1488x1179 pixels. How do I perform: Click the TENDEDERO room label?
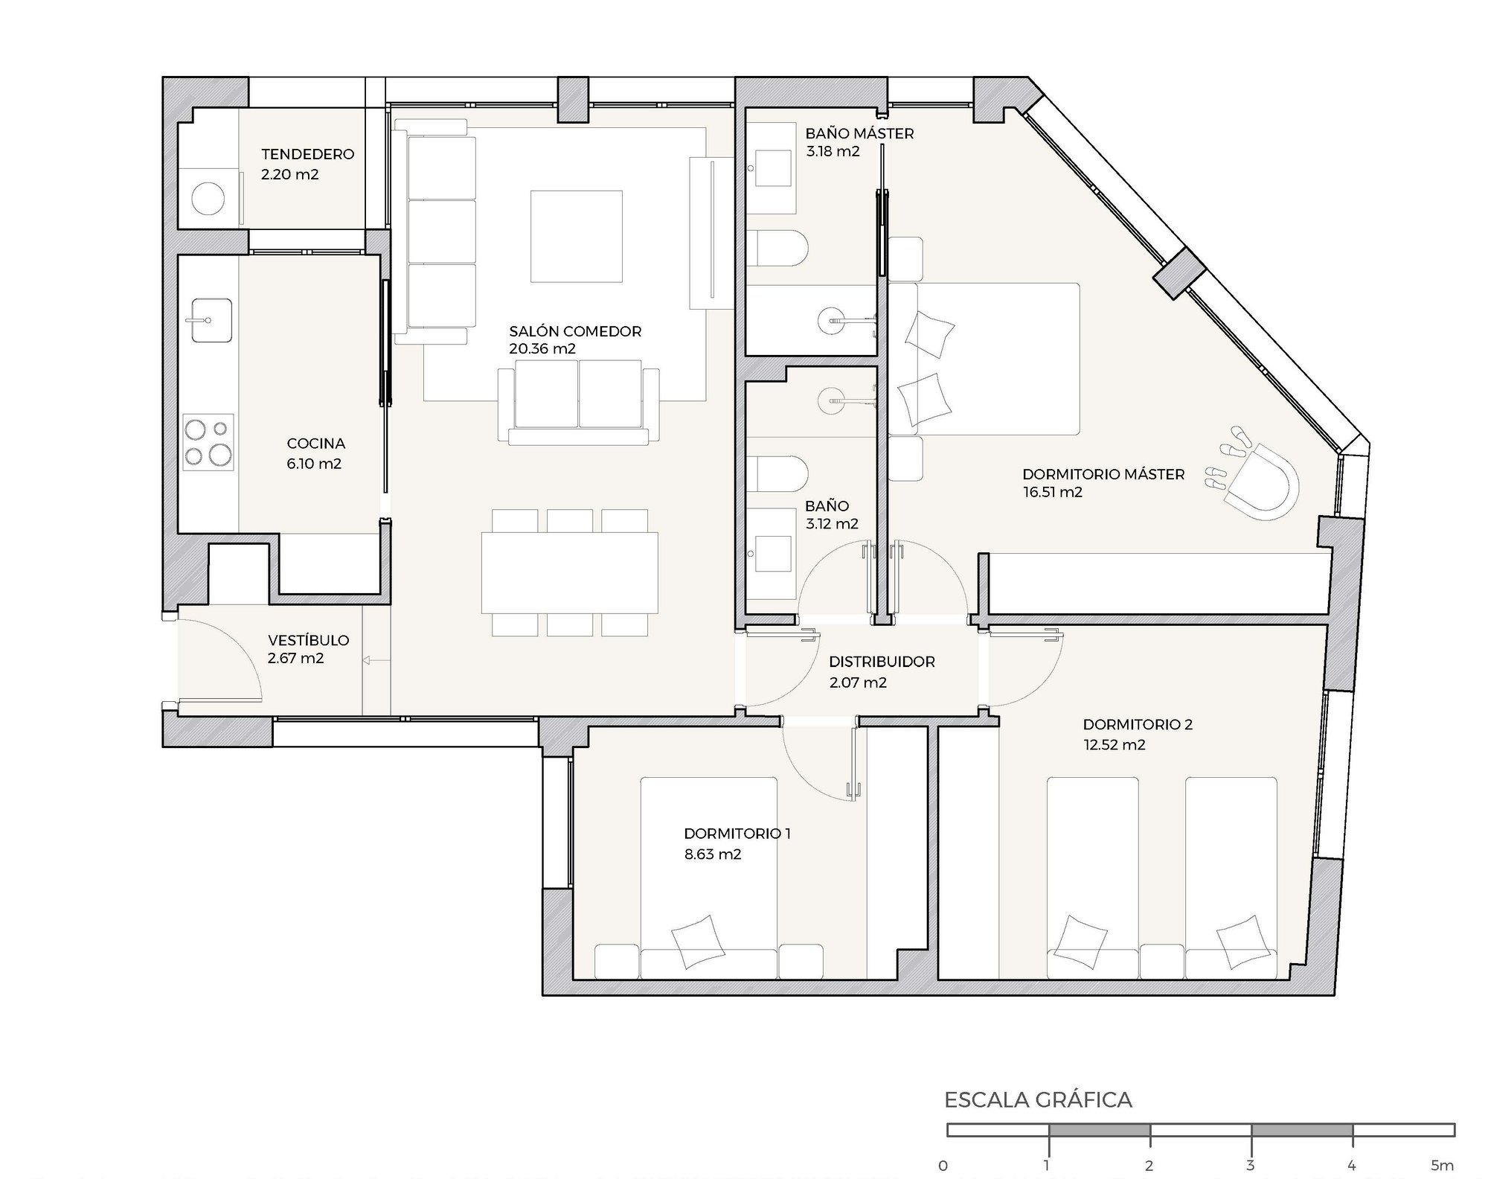307,154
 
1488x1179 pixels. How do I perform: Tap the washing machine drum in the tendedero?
208,199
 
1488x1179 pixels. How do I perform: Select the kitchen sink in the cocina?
212,320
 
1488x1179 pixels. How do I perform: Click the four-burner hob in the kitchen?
208,442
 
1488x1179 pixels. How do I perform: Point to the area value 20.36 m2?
542,348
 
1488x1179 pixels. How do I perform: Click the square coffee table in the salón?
576,236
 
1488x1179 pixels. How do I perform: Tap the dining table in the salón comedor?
570,572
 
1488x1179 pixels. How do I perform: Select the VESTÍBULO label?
308,640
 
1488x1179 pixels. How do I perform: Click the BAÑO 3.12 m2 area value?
832,524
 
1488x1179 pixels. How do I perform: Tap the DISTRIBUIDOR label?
882,662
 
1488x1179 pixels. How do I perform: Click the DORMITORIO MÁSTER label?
1103,474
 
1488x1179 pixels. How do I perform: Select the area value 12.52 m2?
1114,745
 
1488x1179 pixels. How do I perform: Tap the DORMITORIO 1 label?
737,834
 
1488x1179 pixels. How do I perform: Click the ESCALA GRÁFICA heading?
1038,1100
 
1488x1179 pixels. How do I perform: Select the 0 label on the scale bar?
943,1166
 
